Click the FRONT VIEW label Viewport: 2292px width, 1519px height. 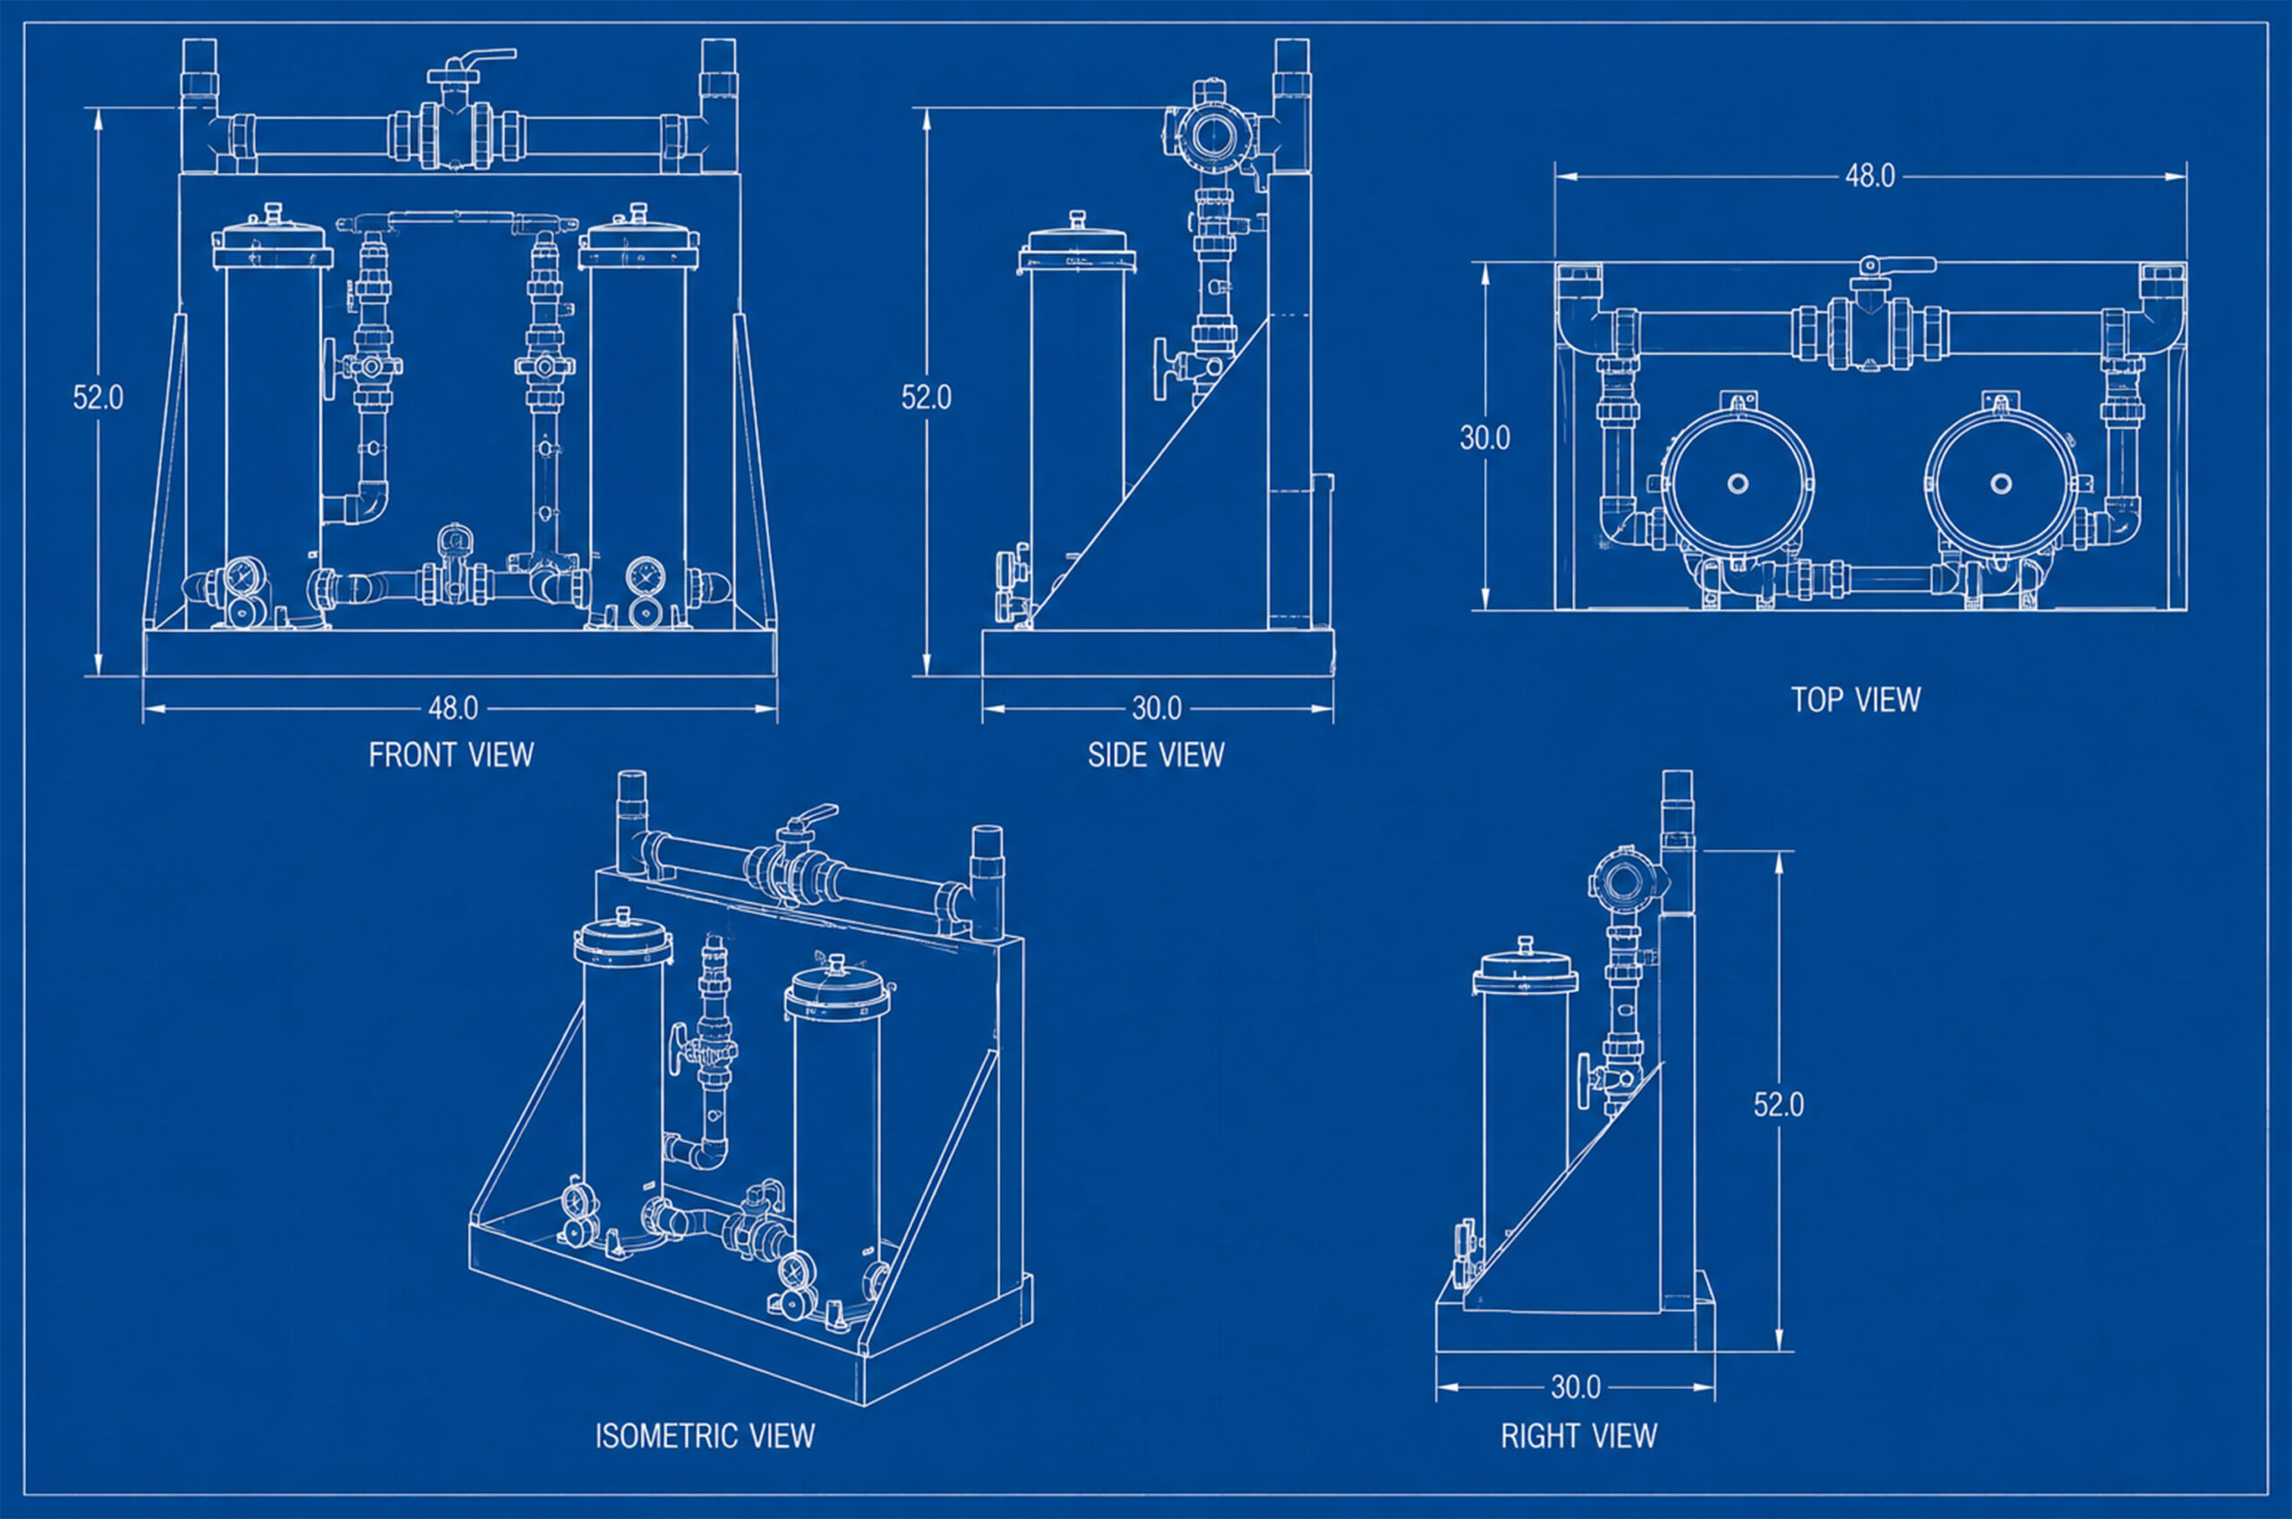tap(451, 755)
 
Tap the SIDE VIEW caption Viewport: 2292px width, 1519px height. tap(1156, 755)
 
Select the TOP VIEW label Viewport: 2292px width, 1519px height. tap(1855, 699)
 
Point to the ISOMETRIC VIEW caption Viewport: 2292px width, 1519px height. tap(705, 1435)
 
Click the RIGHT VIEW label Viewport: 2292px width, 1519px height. tap(1579, 1435)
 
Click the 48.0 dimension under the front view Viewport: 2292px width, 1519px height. tap(453, 708)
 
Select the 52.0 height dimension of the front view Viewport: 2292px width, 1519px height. tap(98, 397)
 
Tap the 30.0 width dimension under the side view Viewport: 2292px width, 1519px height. tap(1157, 708)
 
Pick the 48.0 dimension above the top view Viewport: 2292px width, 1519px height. tap(1869, 176)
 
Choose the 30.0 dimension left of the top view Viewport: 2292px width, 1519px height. tap(1484, 438)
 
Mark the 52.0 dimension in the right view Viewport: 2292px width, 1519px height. tap(1779, 1104)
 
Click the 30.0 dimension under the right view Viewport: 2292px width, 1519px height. tap(1576, 1387)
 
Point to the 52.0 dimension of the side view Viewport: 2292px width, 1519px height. tap(927, 397)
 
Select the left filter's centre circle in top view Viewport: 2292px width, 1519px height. tap(1738, 483)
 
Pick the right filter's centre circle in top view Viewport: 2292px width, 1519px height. tap(2000, 483)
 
